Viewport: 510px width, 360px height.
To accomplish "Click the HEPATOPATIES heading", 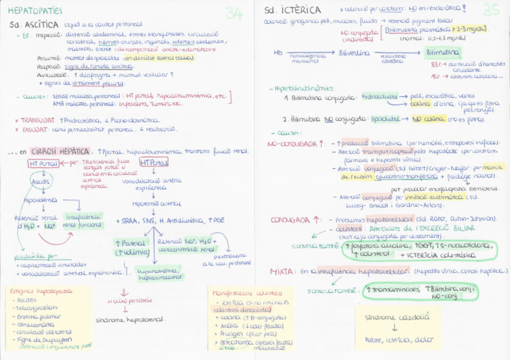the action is (x=35, y=10).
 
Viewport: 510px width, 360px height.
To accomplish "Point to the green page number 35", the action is (x=491, y=10).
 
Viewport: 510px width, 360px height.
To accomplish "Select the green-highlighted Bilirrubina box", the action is (x=442, y=53).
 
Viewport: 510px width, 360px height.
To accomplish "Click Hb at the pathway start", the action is (x=277, y=53).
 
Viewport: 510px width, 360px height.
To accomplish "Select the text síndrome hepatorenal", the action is (x=130, y=319).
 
